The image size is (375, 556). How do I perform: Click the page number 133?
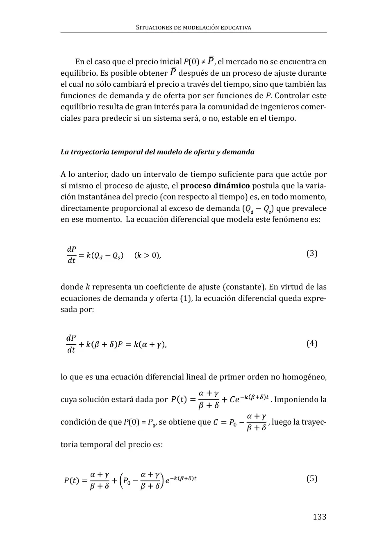319,517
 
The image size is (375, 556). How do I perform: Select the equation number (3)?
312,253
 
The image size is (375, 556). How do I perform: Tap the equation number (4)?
312,344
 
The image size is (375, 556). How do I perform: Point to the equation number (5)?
312,479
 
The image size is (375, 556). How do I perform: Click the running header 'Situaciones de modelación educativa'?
193,27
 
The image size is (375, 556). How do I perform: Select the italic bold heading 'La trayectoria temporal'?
157,152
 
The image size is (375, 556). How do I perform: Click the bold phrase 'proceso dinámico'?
215,186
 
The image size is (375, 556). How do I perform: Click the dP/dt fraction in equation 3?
71,255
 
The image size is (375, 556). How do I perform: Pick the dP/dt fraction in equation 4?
71,344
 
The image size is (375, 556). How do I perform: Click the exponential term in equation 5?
181,479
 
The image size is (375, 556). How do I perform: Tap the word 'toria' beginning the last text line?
70,444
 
